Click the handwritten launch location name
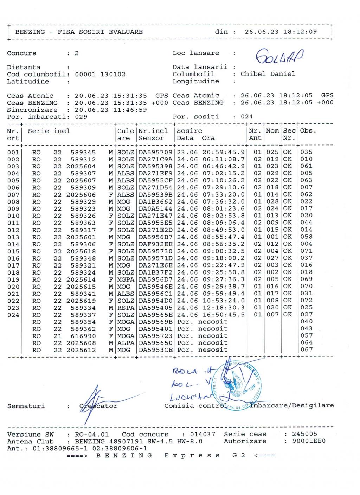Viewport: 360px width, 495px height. point(279,56)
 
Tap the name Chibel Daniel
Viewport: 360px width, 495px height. point(268,74)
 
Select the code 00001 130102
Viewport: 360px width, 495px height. point(100,74)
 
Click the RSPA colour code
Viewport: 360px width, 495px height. point(126,308)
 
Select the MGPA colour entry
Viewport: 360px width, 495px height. point(126,279)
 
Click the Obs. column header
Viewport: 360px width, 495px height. point(308,131)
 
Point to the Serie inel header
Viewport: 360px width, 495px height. point(49,131)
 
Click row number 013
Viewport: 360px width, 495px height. point(13,237)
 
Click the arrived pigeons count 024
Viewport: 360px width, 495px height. point(247,117)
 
